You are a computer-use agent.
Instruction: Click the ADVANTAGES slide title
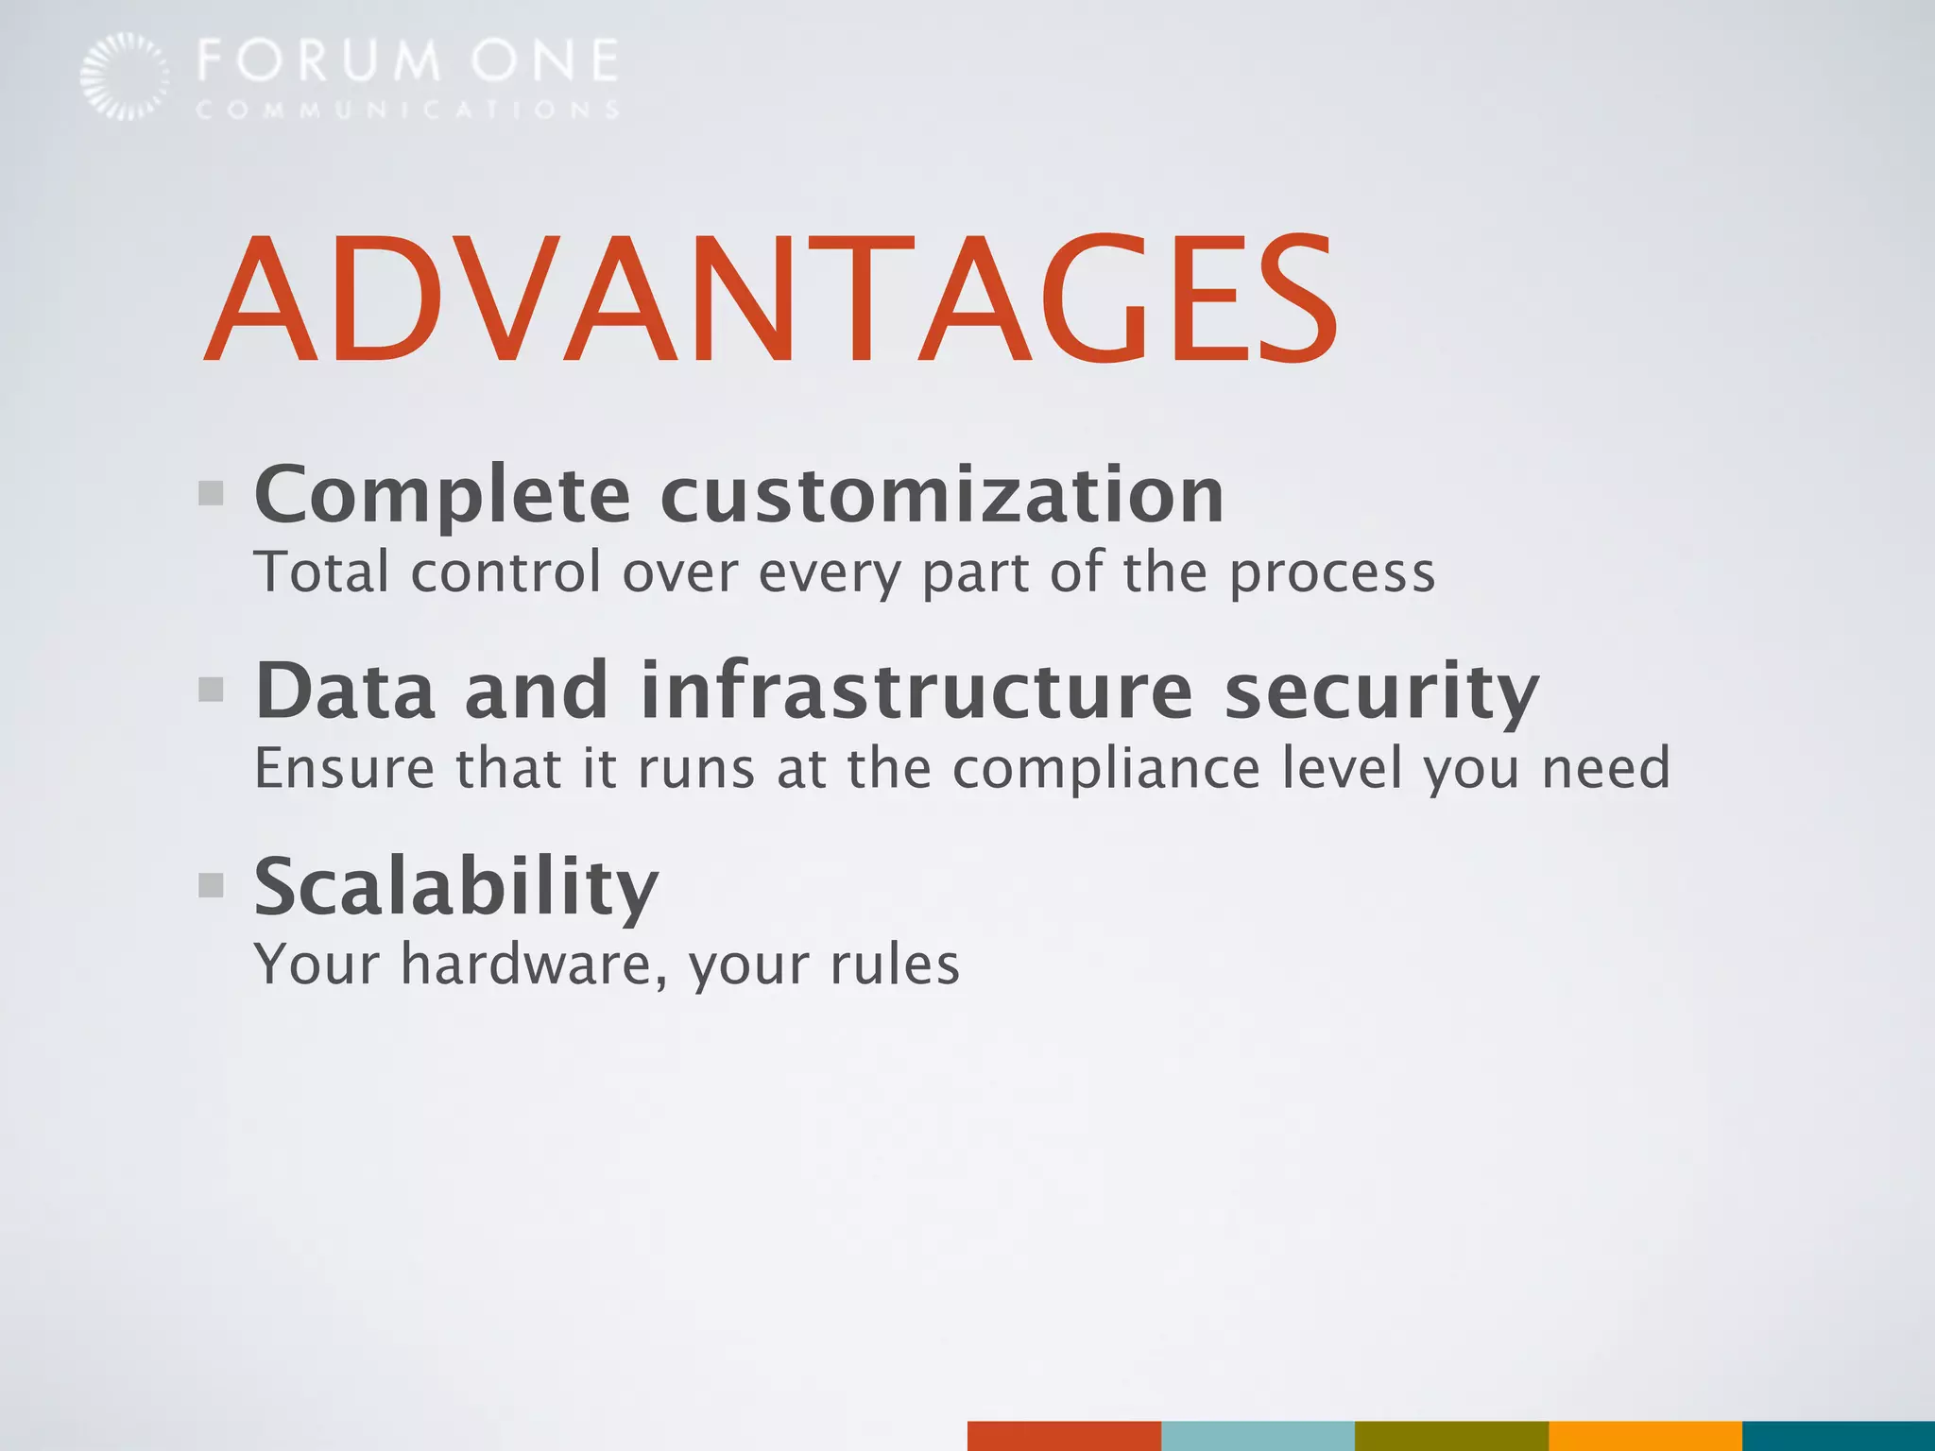(x=770, y=299)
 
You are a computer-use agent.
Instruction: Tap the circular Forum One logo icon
(x=125, y=76)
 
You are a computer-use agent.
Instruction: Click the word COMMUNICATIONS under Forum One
(x=408, y=111)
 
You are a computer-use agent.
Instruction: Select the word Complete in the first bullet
(x=442, y=495)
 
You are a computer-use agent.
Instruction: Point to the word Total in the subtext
(x=321, y=572)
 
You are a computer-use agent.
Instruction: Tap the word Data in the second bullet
(x=346, y=691)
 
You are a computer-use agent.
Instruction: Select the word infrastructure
(x=916, y=691)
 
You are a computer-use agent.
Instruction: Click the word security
(x=1381, y=692)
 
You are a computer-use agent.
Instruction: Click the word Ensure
(x=345, y=768)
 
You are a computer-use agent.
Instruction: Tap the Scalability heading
(x=456, y=887)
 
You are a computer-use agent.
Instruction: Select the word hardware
(x=534, y=964)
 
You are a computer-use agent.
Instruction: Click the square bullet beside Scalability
(x=212, y=885)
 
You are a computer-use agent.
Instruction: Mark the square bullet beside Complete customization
(x=212, y=493)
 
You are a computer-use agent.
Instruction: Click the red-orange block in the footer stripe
(x=1064, y=1436)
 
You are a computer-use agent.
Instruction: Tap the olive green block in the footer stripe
(x=1451, y=1436)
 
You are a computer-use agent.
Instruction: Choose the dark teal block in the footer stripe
(x=1838, y=1436)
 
